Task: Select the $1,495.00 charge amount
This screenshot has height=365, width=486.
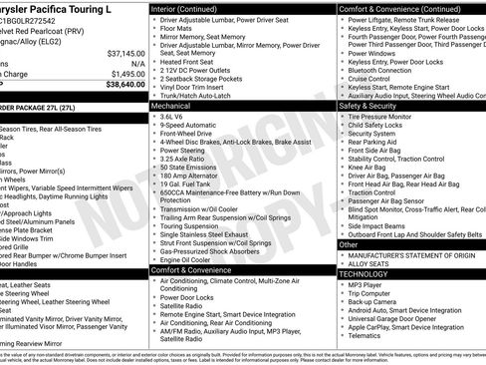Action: point(125,74)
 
